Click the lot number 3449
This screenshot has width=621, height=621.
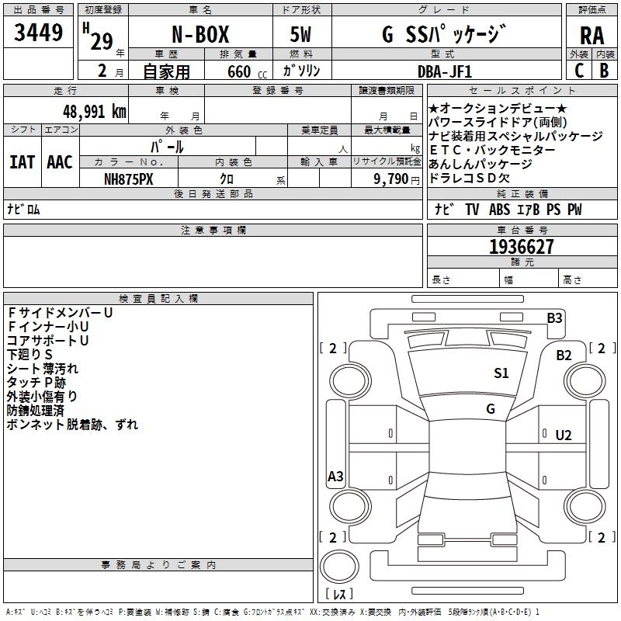click(38, 33)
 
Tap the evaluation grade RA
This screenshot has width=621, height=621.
click(592, 36)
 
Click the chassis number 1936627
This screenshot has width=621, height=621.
click(522, 247)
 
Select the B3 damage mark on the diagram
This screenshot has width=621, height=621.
click(554, 317)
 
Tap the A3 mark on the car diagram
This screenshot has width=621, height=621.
click(335, 477)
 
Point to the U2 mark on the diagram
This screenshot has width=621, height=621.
click(564, 435)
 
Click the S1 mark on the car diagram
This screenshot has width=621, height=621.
click(501, 373)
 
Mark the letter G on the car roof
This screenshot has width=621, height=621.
click(491, 408)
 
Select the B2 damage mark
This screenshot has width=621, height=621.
click(564, 355)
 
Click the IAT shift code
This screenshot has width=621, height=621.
click(22, 162)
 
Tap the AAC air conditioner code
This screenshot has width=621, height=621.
click(60, 162)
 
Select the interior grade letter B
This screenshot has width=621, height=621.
click(604, 70)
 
